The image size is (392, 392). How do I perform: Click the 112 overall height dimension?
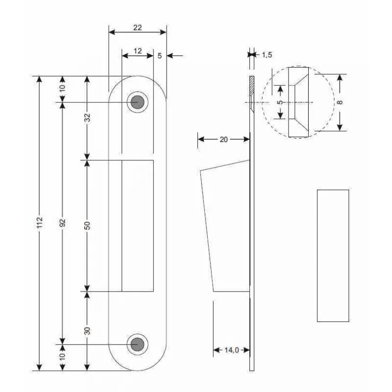40,222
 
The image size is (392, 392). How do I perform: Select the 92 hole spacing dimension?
63,222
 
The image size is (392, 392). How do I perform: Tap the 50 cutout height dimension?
87,225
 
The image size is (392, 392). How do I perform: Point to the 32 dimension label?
87,118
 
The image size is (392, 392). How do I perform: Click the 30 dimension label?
87,331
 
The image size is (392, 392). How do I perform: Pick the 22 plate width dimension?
138,27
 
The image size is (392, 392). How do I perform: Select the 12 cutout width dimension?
138,51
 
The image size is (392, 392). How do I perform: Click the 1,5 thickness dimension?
267,55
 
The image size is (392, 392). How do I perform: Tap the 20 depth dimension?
224,140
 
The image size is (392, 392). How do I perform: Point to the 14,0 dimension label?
232,350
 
